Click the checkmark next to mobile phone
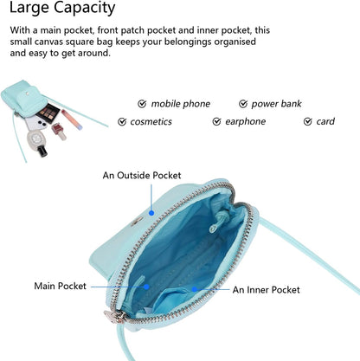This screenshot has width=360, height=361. click(x=142, y=104)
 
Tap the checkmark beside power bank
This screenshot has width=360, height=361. click(x=243, y=104)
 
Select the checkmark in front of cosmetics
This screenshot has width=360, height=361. click(x=122, y=122)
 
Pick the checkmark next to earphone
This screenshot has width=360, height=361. click(x=216, y=122)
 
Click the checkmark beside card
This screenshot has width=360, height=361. click(x=308, y=122)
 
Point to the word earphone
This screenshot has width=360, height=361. click(x=246, y=122)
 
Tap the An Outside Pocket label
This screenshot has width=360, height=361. click(x=142, y=175)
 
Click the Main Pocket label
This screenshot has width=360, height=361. click(x=61, y=286)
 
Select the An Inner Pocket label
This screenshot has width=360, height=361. click(x=267, y=290)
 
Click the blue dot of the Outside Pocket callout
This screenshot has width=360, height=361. click(x=151, y=213)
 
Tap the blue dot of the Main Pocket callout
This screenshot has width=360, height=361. click(x=146, y=287)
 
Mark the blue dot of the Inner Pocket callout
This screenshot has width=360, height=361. click(x=195, y=289)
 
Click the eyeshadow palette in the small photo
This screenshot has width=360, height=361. click(x=48, y=113)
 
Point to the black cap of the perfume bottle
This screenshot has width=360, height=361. click(x=42, y=151)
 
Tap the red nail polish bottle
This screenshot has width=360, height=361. click(x=60, y=132)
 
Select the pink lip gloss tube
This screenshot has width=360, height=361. click(x=72, y=119)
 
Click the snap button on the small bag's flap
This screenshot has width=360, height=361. click(x=28, y=93)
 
